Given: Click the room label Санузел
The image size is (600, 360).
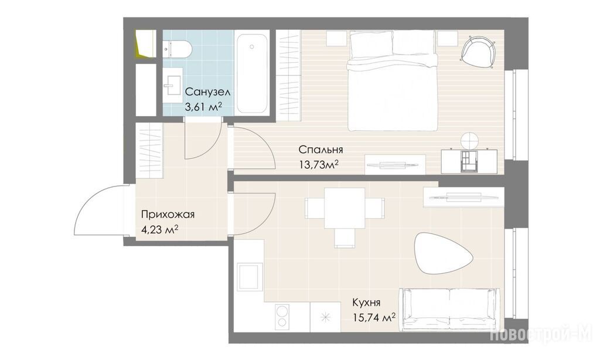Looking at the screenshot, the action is tap(207, 92).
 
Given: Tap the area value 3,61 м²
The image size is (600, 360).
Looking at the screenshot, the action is tap(203, 107).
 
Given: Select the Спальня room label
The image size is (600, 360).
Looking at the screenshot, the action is tap(321, 149).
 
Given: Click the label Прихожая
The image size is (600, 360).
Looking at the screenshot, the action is tap(168, 214).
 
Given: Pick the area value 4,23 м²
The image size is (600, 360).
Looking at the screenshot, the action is tap(160, 230).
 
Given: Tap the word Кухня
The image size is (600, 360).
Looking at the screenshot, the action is tap(366, 303).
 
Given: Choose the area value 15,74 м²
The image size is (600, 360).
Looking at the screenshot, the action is tap(373, 317).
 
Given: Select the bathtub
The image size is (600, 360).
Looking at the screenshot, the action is tap(252, 73).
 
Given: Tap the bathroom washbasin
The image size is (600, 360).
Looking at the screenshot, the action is tap(172, 84).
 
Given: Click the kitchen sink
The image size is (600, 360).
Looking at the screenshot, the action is tap(250, 277).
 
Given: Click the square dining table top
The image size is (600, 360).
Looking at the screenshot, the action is tap(345, 208).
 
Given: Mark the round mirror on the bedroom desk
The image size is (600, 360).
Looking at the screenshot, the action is tap(469, 141).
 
